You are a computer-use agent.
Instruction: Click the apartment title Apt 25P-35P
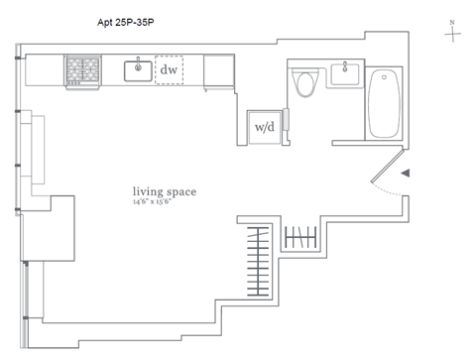click(x=126, y=23)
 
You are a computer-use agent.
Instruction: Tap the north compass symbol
click(x=452, y=32)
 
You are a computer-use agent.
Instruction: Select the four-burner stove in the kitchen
click(x=83, y=72)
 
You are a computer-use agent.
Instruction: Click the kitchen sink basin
click(x=138, y=71)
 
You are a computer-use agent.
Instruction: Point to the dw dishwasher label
click(x=169, y=69)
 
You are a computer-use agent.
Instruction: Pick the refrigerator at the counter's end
click(x=219, y=71)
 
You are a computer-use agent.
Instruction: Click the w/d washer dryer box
click(x=265, y=127)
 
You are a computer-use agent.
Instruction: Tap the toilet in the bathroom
click(x=305, y=82)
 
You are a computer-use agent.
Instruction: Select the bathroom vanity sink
click(x=345, y=74)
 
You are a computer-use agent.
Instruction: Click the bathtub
click(x=384, y=103)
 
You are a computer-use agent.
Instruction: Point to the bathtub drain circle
click(x=384, y=77)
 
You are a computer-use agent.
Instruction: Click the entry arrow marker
click(x=406, y=173)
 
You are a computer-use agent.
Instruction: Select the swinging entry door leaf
click(x=387, y=166)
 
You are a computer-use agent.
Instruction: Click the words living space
click(x=165, y=191)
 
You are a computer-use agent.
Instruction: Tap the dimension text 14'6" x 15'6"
click(x=152, y=201)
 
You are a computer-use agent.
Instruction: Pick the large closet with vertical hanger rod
click(x=258, y=261)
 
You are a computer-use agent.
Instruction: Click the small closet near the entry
click(x=300, y=237)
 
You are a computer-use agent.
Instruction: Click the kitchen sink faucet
click(x=138, y=64)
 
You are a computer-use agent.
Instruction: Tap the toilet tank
click(x=305, y=70)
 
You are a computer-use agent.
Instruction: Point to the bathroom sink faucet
click(x=345, y=66)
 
